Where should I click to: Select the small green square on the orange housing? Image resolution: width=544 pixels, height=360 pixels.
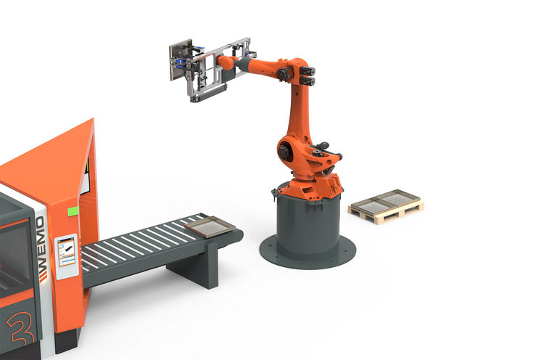[x=73, y=211]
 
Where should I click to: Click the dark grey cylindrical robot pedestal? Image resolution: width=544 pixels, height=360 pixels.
[x=308, y=221]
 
